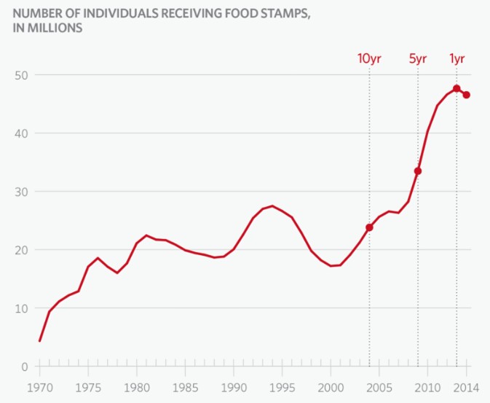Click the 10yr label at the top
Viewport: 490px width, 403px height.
[369, 59]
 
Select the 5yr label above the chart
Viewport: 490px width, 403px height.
[417, 59]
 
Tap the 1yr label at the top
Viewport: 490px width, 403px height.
[457, 59]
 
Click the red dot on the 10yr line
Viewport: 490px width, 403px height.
[369, 227]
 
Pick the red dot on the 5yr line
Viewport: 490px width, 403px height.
[418, 171]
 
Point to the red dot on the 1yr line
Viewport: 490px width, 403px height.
[457, 89]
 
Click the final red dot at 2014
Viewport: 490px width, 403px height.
[466, 95]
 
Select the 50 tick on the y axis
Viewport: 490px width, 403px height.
[20, 75]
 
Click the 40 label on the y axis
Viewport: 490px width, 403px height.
[20, 133]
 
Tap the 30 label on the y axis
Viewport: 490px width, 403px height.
[20, 192]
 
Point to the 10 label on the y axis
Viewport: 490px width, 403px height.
[20, 308]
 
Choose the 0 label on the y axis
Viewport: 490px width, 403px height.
[23, 367]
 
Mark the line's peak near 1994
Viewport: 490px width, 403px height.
[272, 206]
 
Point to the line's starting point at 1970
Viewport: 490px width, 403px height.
[39, 340]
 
